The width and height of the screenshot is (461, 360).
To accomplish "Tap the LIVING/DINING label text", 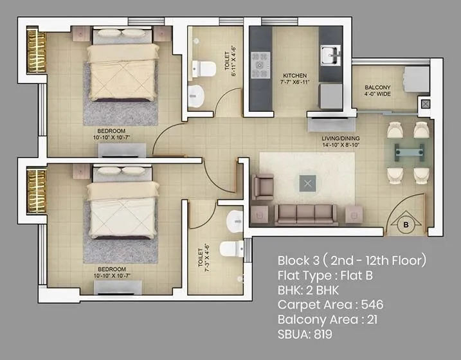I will click(341, 138).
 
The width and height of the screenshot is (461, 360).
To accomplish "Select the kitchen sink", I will click(330, 51).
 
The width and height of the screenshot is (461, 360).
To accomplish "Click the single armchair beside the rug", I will click(262, 187).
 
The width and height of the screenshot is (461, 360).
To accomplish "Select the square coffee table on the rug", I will click(309, 184).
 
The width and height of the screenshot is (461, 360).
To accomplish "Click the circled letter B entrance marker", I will click(406, 225).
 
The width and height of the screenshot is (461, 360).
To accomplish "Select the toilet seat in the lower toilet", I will click(230, 248).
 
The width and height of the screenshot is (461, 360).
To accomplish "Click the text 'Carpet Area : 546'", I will click(330, 304).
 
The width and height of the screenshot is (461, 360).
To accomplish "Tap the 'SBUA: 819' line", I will click(305, 334).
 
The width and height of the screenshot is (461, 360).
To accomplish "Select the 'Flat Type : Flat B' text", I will click(325, 276).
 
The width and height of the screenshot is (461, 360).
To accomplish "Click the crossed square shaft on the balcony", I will click(425, 103).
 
